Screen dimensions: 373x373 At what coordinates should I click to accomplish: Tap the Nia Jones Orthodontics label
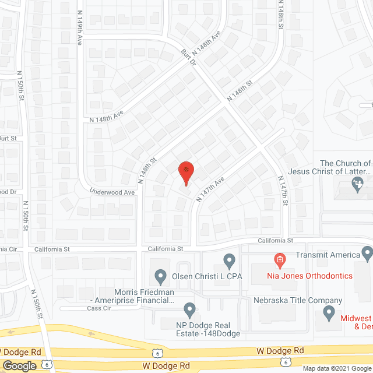pos(318,276)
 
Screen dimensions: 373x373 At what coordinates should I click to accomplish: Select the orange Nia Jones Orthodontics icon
pos(280,259)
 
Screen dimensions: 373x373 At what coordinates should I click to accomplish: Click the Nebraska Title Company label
pos(289,301)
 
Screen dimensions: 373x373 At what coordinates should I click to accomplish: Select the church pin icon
pos(358,185)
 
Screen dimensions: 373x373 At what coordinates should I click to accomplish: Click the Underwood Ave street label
pos(112,192)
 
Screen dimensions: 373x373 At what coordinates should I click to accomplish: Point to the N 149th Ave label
pos(80,31)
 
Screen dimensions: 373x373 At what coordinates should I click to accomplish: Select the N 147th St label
pos(283,193)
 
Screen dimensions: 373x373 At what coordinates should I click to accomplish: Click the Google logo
pos(19,365)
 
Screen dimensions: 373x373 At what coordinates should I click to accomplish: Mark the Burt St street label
pos(8,138)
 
